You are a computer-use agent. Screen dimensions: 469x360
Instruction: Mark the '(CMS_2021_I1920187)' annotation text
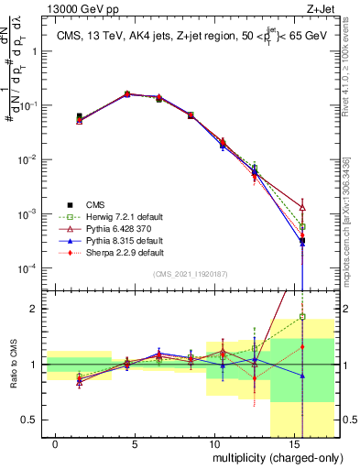[190, 274]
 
